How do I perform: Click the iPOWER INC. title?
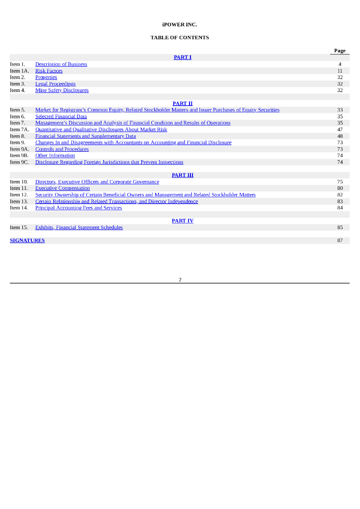tap(180, 24)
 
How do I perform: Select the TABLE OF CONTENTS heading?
tap(180, 38)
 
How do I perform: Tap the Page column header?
tap(340, 51)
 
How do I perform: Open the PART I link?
tap(182, 58)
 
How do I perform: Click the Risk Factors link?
tap(49, 71)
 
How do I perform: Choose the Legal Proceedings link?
tap(55, 84)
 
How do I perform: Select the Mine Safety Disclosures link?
tap(62, 90)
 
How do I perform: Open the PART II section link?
tap(182, 103)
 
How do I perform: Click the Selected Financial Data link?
tap(61, 116)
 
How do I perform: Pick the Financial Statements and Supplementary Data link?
tap(85, 136)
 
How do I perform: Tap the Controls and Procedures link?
tap(62, 149)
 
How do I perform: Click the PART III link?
tap(182, 175)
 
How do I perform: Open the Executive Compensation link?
tap(62, 188)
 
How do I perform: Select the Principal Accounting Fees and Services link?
tap(78, 208)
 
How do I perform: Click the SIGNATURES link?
tap(27, 241)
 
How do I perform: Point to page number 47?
tap(340, 130)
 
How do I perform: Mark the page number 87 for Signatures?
tap(340, 241)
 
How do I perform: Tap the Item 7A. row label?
tap(19, 130)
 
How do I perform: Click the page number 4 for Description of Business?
tap(340, 65)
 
